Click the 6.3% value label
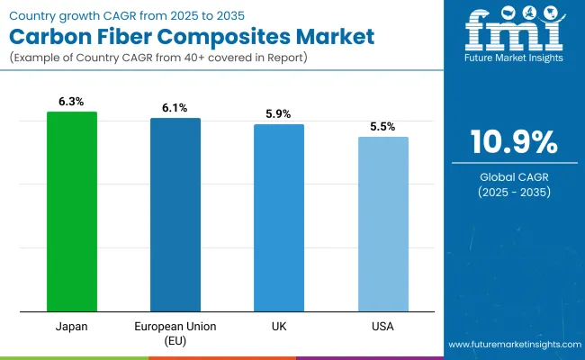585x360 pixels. pyautogui.click(x=72, y=103)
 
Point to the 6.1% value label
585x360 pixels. pyautogui.click(x=175, y=109)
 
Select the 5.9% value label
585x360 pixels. pyautogui.click(x=279, y=115)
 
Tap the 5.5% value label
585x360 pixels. pyautogui.click(x=382, y=128)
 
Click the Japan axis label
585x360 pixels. pyautogui.click(x=72, y=326)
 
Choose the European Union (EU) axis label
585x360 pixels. pyautogui.click(x=175, y=332)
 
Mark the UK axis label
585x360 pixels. pyautogui.click(x=279, y=326)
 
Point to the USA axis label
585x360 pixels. pyautogui.click(x=382, y=326)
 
